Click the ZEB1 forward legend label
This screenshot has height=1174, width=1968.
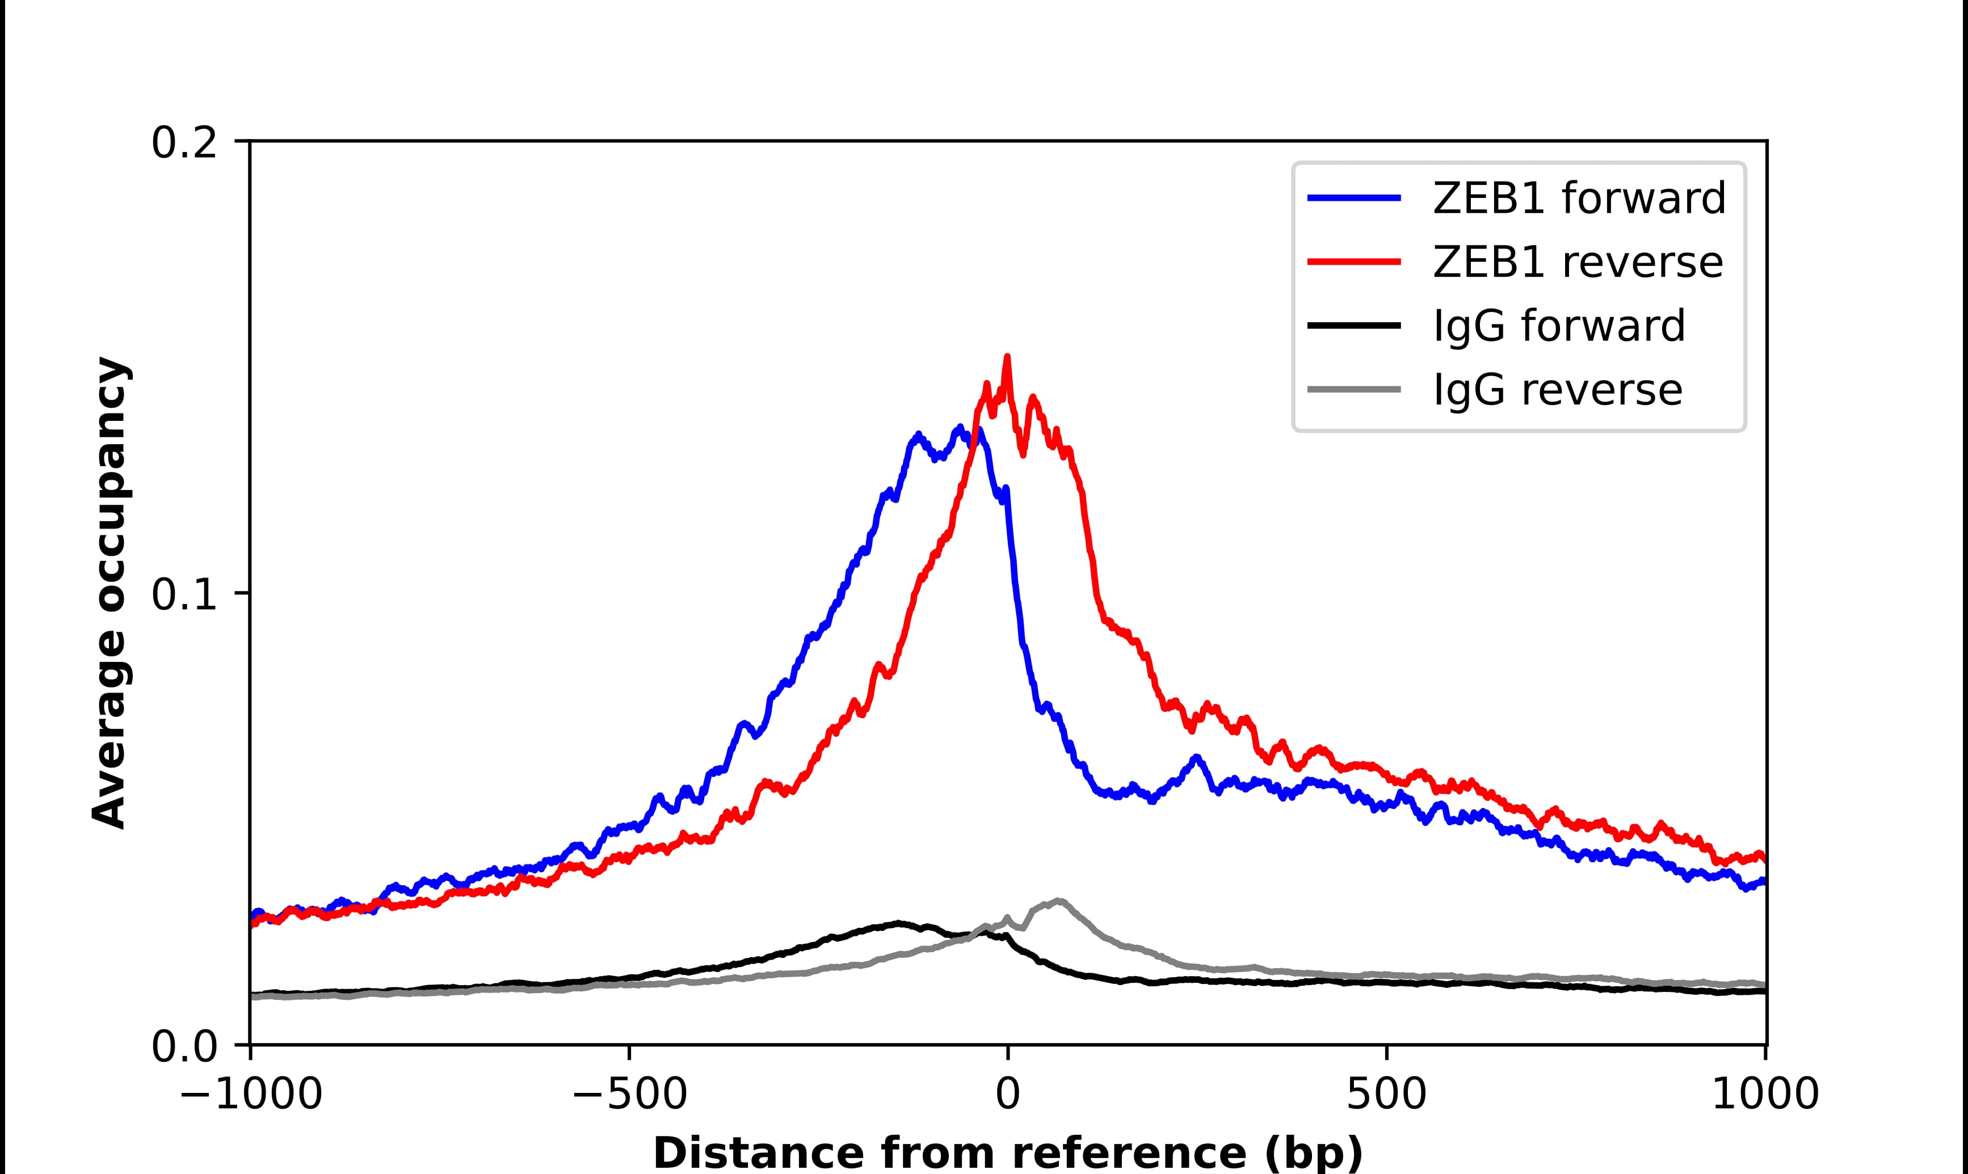(1579, 198)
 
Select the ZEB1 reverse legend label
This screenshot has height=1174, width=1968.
(1577, 262)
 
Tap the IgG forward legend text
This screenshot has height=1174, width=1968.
(1559, 326)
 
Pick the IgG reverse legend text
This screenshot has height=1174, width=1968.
(1557, 390)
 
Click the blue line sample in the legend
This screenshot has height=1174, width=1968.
(1354, 199)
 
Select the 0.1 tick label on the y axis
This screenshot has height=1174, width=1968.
(184, 594)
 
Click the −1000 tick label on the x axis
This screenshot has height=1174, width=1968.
(251, 1095)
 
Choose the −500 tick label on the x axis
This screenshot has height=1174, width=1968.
(629, 1095)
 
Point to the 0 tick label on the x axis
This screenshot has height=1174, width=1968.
(1007, 1095)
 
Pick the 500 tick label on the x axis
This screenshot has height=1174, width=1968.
(1386, 1095)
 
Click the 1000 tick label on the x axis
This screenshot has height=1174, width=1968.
(1765, 1095)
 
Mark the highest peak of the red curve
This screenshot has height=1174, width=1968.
(1007, 357)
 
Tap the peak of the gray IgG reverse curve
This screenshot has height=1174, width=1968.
(1058, 901)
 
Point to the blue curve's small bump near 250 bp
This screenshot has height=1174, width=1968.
(1196, 758)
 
